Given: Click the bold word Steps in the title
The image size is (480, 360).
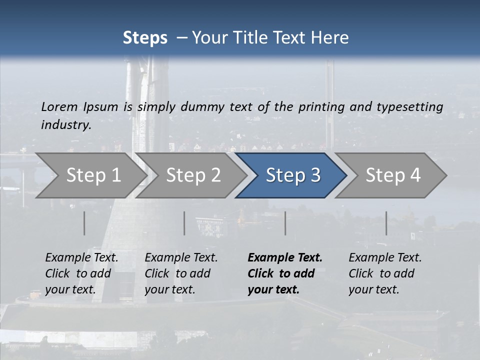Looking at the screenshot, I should click(x=145, y=38).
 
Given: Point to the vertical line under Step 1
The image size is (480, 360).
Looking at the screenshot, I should click(x=84, y=223).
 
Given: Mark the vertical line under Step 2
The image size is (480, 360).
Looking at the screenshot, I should click(x=184, y=223).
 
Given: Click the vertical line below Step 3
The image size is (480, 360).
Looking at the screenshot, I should click(x=285, y=223).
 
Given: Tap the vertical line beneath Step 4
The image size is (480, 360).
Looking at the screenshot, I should click(x=386, y=223).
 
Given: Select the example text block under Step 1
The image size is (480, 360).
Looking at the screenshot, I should click(x=81, y=273).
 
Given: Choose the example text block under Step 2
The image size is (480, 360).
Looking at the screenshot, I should click(x=181, y=273).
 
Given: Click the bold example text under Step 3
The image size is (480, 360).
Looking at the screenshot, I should click(x=284, y=273).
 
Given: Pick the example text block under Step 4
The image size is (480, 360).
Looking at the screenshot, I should click(x=385, y=273).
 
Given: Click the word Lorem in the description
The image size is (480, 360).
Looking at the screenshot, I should click(x=59, y=106).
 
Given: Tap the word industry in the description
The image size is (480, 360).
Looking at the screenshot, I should click(x=65, y=124).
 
